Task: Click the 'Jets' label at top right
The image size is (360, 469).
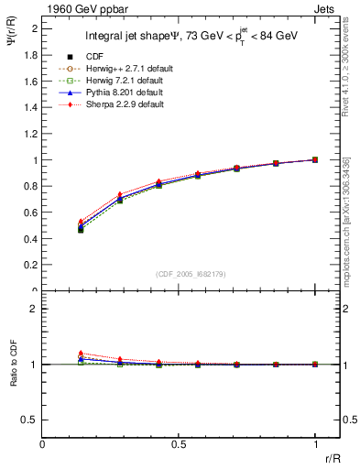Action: [x=325, y=8]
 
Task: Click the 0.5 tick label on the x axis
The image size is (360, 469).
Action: [x=179, y=444]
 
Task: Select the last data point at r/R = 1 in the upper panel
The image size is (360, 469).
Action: [x=315, y=159]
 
